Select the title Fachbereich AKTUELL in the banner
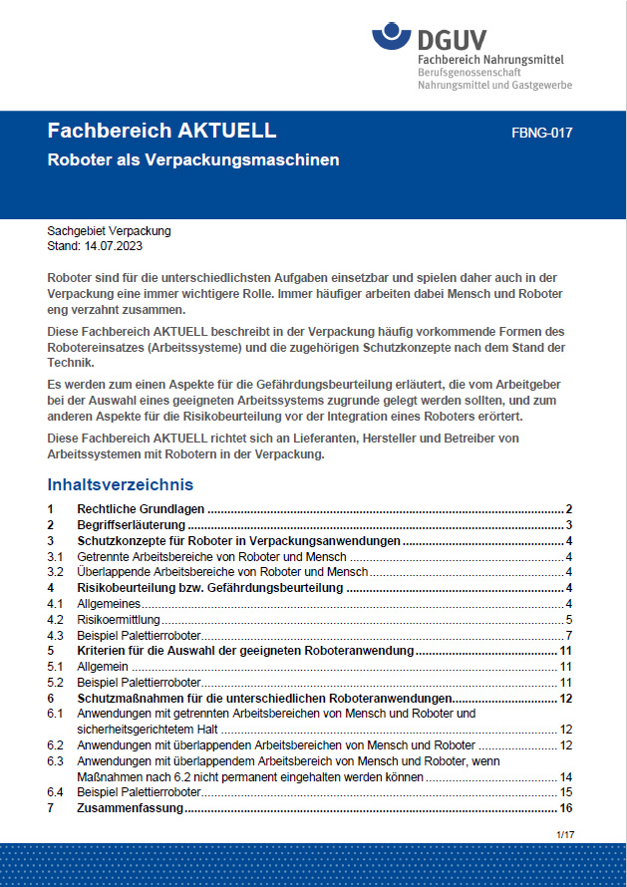pyautogui.click(x=161, y=132)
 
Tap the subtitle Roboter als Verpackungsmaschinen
pyautogui.click(x=193, y=159)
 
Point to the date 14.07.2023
pyautogui.click(x=114, y=245)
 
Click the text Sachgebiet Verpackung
pyautogui.click(x=109, y=231)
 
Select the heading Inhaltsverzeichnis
pyautogui.click(x=120, y=485)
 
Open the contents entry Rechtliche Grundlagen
pyautogui.click(x=141, y=508)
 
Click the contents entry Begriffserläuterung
pyautogui.click(x=131, y=524)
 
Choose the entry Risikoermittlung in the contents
pyautogui.click(x=112, y=620)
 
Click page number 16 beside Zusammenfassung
pyautogui.click(x=565, y=808)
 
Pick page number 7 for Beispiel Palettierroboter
pyautogui.click(x=568, y=636)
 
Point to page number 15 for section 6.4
pyautogui.click(x=565, y=792)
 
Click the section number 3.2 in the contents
pyautogui.click(x=56, y=572)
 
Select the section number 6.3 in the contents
pyautogui.click(x=56, y=761)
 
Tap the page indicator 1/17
pyautogui.click(x=564, y=833)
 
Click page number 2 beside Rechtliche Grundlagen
pyautogui.click(x=568, y=508)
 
